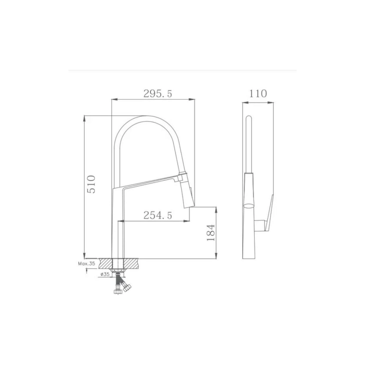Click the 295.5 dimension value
point(157,94)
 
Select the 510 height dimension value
point(91,184)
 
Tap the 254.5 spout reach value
point(157,215)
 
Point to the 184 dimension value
point(211,233)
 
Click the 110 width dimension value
point(258,94)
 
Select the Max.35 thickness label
point(87,264)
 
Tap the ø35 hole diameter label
point(105,274)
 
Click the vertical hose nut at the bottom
point(118,292)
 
